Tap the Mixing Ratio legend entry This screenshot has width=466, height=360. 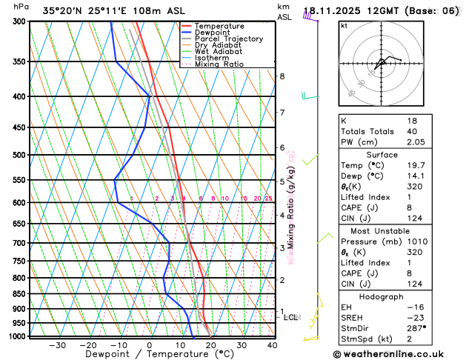[x=222, y=64]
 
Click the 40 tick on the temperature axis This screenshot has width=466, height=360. [x=273, y=344]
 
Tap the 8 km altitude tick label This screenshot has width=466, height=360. [x=282, y=76]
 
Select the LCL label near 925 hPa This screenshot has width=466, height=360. [x=291, y=317]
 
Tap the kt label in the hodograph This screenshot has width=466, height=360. [x=344, y=25]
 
